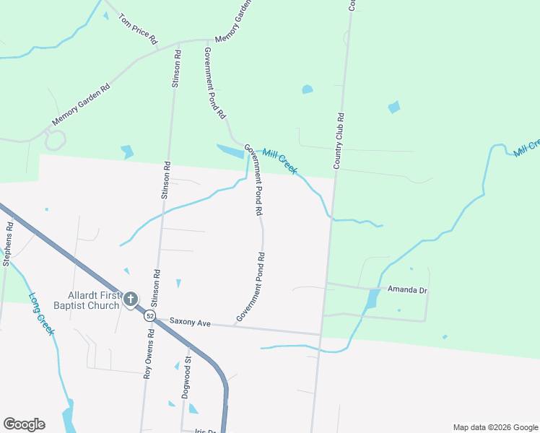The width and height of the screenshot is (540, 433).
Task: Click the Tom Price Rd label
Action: [x=138, y=29]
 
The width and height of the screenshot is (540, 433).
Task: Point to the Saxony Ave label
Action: [x=191, y=323]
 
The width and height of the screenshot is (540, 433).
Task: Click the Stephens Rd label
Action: [x=8, y=242]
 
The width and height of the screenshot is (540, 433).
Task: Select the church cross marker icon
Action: [x=131, y=299]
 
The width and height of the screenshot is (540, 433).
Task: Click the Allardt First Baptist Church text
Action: [x=92, y=300]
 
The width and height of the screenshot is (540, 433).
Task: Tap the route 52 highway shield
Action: [x=149, y=316]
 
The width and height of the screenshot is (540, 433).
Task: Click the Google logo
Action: [x=24, y=424]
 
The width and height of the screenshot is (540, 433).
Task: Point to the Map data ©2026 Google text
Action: [x=495, y=427]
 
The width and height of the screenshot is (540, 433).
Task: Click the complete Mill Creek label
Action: [x=280, y=160]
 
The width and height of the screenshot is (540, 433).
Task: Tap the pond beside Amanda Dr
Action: [x=371, y=298]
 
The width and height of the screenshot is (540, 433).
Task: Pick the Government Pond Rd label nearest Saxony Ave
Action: [x=252, y=287]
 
